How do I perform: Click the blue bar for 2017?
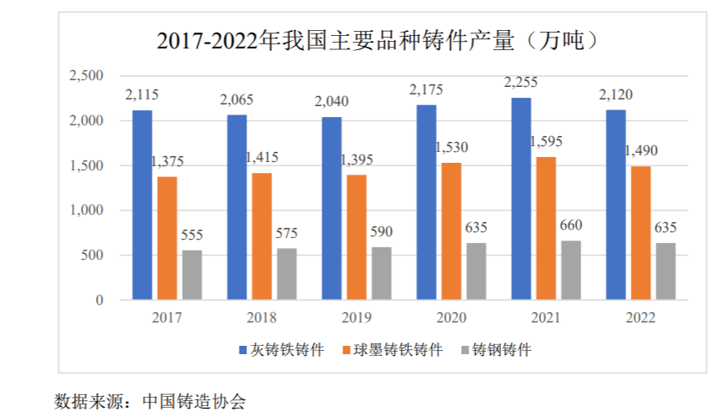142,205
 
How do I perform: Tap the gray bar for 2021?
570,270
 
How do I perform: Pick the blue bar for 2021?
522,198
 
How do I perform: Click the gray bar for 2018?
286,273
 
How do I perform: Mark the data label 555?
192,235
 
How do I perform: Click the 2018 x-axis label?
261,317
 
